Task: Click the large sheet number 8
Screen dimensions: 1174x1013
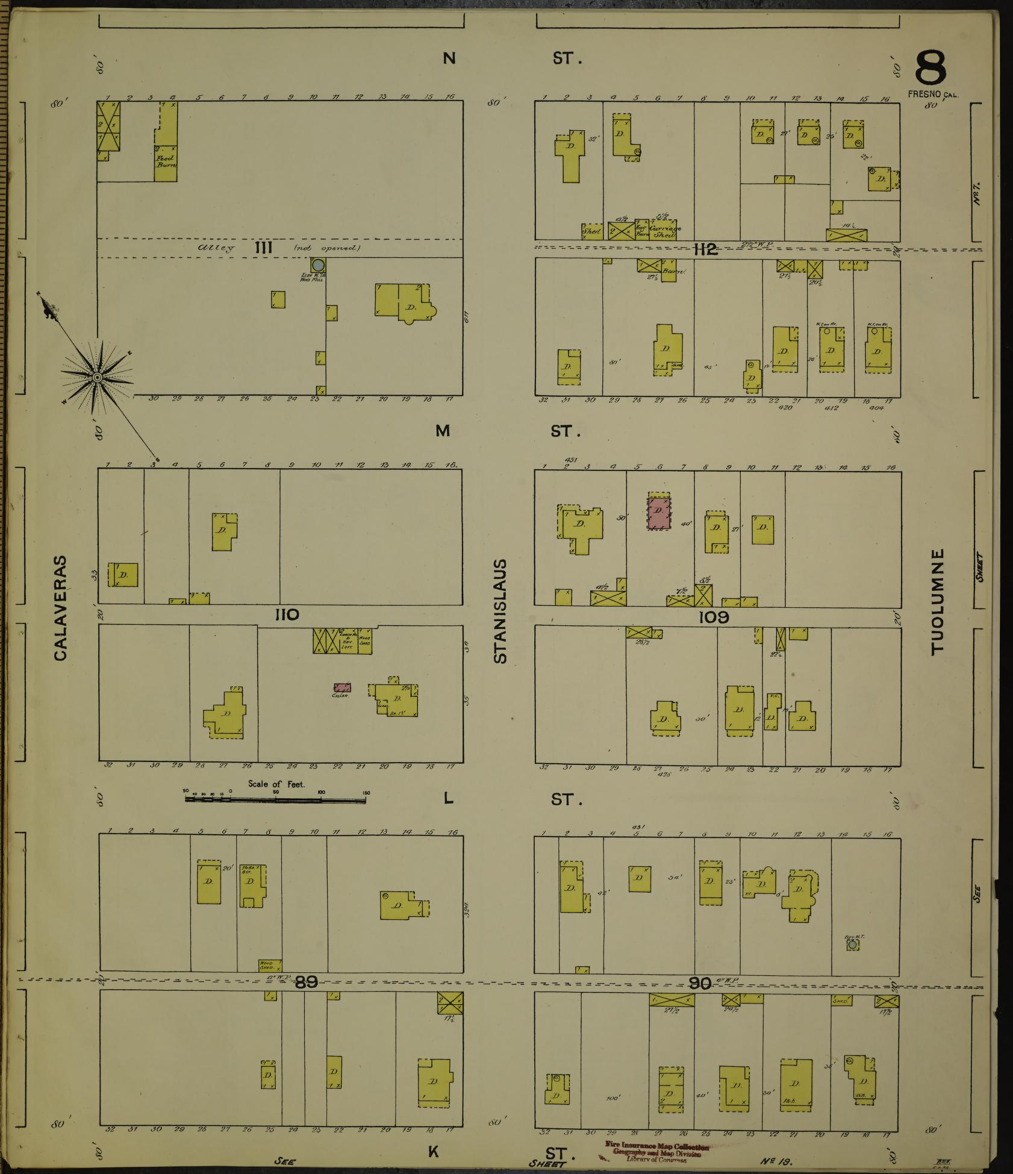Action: pos(930,68)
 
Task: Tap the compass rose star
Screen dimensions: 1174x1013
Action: pos(97,376)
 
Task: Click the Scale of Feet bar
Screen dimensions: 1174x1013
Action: pos(276,800)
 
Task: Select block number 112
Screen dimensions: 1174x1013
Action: pos(705,249)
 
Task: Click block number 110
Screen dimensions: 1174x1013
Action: pos(287,614)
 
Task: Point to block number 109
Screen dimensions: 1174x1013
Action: pos(714,617)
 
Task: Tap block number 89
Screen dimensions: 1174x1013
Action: pos(306,982)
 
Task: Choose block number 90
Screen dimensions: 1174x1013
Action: pos(700,983)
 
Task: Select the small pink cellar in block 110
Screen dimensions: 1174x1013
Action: pos(342,687)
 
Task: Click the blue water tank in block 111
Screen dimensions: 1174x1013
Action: pos(319,265)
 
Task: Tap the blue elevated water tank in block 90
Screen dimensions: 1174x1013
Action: pos(852,945)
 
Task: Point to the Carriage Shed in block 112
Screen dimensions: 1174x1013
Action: pos(662,230)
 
